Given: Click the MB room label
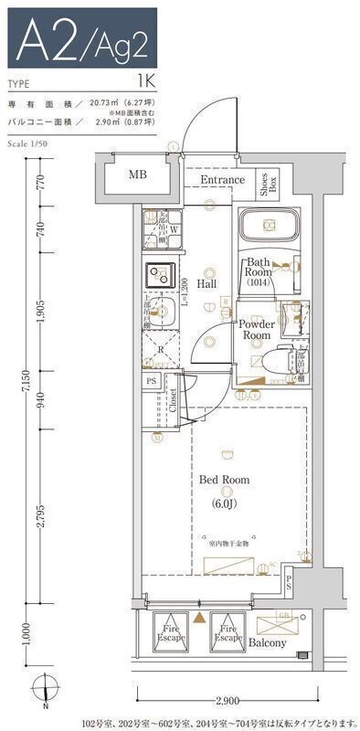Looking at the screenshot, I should pyautogui.click(x=137, y=175).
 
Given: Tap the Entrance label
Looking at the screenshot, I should pyautogui.click(x=222, y=180).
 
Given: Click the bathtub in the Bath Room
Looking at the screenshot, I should pyautogui.click(x=269, y=227).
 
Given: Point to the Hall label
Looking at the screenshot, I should pyautogui.click(x=206, y=284).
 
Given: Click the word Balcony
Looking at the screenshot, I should pyautogui.click(x=268, y=642).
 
